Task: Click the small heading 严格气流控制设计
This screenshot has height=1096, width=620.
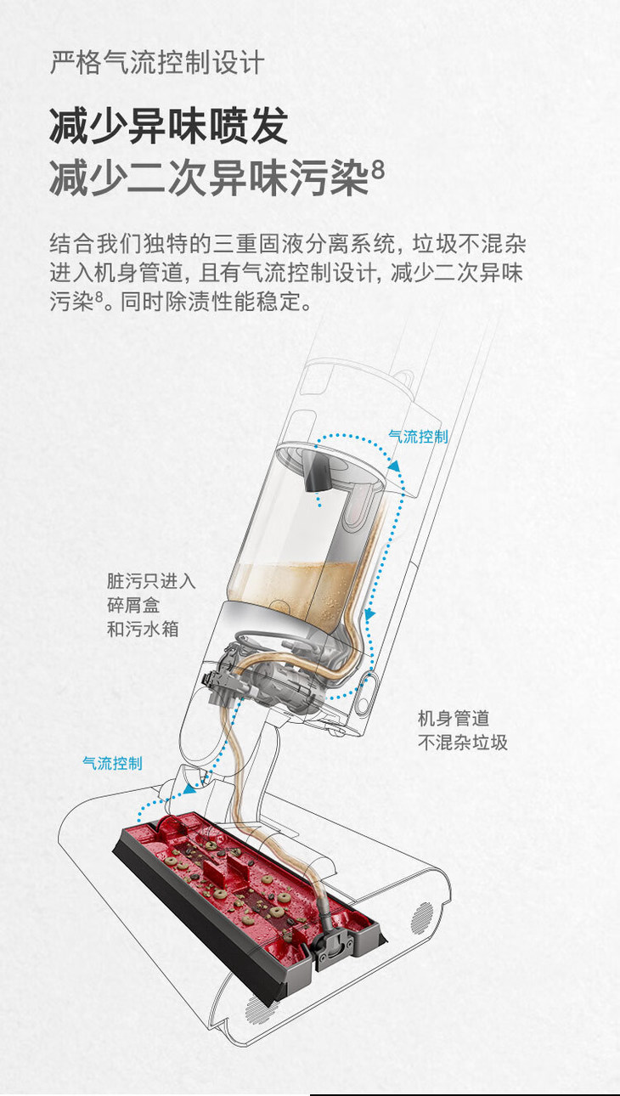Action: click(157, 63)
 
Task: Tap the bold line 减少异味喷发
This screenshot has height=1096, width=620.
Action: click(168, 127)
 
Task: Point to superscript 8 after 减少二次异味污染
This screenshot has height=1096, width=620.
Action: click(378, 169)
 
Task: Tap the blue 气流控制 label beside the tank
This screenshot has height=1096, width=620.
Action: click(418, 436)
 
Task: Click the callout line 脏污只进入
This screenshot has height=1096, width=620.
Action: click(151, 582)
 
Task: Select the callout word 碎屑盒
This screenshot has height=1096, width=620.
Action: click(133, 606)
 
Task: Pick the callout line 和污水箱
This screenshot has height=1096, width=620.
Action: click(143, 630)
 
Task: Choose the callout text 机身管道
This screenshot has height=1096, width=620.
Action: click(453, 718)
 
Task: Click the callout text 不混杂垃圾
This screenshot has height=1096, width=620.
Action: click(463, 742)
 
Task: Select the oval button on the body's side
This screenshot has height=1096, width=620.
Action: click(368, 695)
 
